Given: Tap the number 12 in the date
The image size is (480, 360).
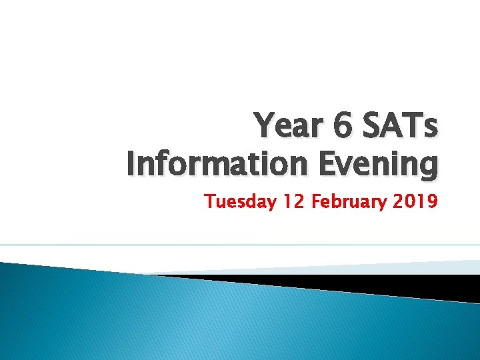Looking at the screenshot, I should pos(292,200).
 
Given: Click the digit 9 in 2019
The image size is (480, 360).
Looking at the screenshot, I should pos(432,200).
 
